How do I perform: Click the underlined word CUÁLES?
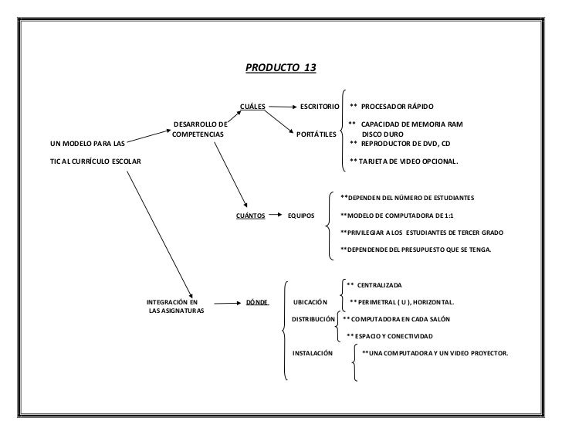(252, 105)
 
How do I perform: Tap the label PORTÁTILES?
(317, 134)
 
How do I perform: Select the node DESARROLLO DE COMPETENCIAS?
(200, 129)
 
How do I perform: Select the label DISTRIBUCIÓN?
(313, 318)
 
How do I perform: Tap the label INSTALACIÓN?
(312, 352)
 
